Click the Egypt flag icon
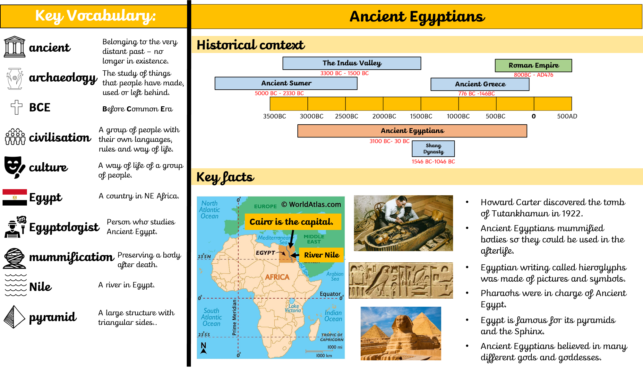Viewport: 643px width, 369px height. point(15,197)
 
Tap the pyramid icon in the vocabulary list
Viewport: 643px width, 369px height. point(14,317)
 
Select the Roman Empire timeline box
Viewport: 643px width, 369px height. point(533,66)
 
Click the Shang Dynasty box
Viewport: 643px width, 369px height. point(433,149)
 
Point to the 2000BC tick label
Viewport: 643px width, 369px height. point(384,116)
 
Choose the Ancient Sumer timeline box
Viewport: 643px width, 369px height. point(286,83)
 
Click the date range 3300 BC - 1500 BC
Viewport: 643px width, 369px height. point(344,73)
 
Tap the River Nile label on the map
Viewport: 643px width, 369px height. point(321,255)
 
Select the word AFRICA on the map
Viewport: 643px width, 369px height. point(277,277)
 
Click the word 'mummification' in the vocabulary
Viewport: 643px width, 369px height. point(72,257)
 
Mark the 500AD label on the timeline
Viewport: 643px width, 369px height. point(567,116)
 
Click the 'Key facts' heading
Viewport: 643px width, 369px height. point(225,177)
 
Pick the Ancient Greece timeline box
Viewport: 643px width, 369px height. point(480,84)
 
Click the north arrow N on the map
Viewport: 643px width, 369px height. point(203,348)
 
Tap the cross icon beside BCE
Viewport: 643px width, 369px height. point(16,107)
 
